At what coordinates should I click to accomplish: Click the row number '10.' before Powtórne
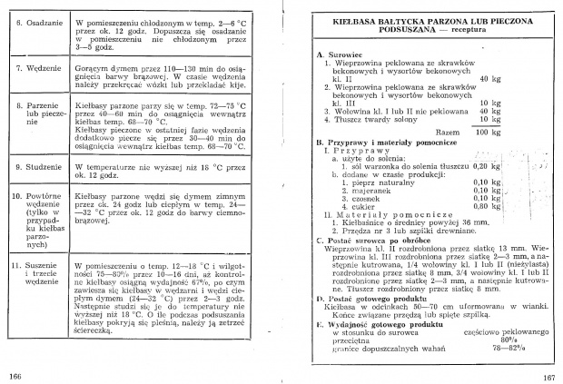click(15, 195)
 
